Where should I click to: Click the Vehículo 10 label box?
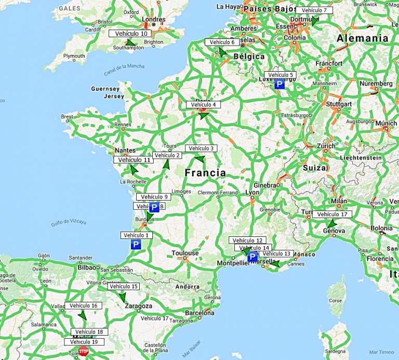point(129,33)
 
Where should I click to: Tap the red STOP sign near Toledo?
point(84,352)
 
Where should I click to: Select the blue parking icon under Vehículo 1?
point(136,244)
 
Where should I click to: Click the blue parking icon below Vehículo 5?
point(280,84)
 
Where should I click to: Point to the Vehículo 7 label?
point(314,10)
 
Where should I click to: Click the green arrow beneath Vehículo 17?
point(331,224)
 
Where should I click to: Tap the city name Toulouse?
point(185,254)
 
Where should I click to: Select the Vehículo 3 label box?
point(201,148)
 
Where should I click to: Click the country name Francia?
point(205,172)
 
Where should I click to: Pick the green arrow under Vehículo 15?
point(123,297)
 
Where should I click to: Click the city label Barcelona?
point(200,313)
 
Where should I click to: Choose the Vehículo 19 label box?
point(84,342)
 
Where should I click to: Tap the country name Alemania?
point(362,38)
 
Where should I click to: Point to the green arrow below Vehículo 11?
point(134,169)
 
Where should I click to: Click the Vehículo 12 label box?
point(248,241)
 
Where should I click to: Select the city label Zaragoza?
point(138,306)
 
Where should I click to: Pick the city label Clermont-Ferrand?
point(218,193)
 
